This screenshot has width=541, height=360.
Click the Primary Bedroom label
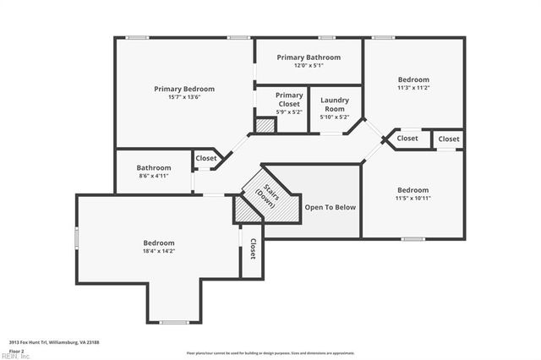pyautogui.click(x=183, y=89)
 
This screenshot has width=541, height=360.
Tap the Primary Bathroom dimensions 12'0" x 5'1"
pyautogui.click(x=309, y=66)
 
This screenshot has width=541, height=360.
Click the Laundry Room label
pyautogui.click(x=335, y=105)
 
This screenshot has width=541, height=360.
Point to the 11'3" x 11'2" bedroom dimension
pyautogui.click(x=413, y=87)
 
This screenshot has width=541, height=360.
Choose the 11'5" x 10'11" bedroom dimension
pyautogui.click(x=413, y=198)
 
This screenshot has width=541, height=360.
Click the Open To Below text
pyautogui.click(x=330, y=207)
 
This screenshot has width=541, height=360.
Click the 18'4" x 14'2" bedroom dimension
pyautogui.click(x=158, y=251)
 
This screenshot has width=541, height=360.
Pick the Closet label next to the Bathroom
pyautogui.click(x=205, y=158)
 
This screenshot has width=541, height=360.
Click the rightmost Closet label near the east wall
pyautogui.click(x=449, y=139)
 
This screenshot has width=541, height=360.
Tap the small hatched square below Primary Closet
pyautogui.click(x=265, y=125)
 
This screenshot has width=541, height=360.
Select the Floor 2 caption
pyautogui.click(x=17, y=350)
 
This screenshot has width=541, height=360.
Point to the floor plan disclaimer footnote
pyautogui.click(x=270, y=353)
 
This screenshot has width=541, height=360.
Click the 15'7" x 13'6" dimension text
pyautogui.click(x=183, y=97)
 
